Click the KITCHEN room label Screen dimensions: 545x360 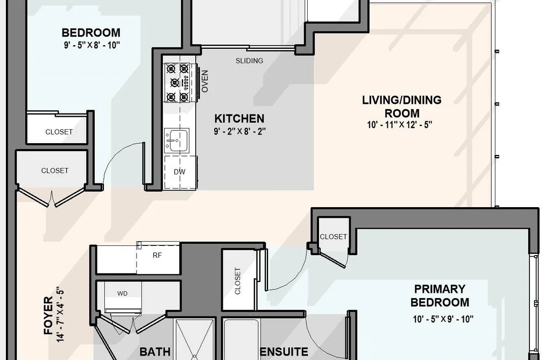[239, 118]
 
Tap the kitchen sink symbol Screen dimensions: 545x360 [176, 140]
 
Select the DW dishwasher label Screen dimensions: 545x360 [179, 172]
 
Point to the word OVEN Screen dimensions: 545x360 [205, 81]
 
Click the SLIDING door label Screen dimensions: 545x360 [249, 61]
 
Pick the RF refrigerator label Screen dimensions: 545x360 [157, 255]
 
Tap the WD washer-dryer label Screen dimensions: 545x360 [122, 293]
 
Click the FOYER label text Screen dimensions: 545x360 [48, 315]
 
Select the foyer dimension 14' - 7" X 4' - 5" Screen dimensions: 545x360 [59, 314]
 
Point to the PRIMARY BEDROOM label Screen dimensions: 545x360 [440, 295]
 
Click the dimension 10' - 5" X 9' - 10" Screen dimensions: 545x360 [443, 319]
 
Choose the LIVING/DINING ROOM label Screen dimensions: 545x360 [402, 107]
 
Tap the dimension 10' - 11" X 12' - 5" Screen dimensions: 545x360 [400, 124]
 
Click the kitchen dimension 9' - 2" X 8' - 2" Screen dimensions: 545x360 [239, 131]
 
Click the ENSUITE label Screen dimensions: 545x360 [284, 352]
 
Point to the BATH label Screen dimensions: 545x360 [155, 352]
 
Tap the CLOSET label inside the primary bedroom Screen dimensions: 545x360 [334, 237]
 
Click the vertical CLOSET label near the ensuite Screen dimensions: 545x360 [238, 281]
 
